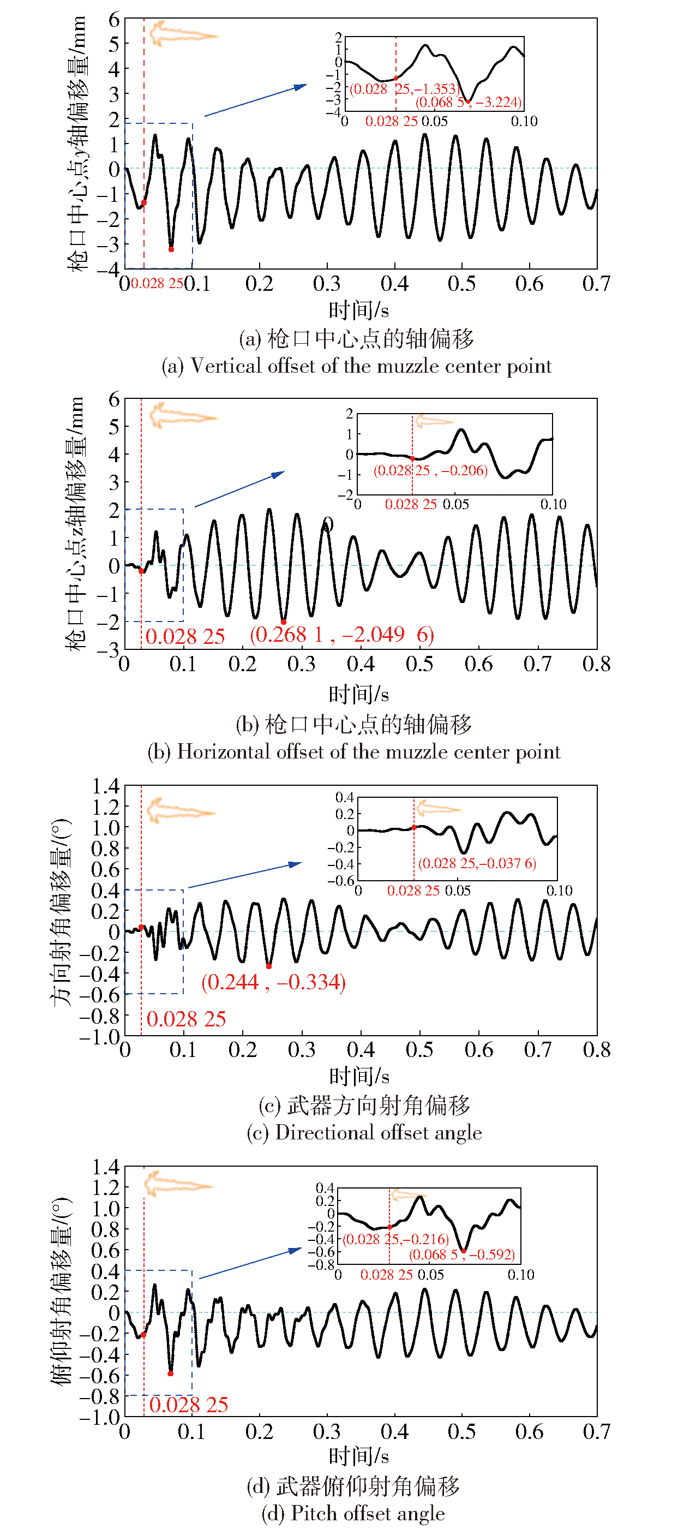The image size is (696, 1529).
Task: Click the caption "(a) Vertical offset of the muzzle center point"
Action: [356, 366]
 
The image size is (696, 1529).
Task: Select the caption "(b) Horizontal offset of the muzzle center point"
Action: [353, 752]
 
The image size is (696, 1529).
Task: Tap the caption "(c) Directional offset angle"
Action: [364, 1132]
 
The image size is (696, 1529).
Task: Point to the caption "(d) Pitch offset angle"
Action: [353, 1513]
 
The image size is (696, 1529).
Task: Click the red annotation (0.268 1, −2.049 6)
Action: [342, 635]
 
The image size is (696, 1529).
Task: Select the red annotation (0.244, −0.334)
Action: [273, 982]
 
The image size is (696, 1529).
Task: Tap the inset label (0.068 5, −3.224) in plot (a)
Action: [468, 102]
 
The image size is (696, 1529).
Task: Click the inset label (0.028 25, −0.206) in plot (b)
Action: [430, 471]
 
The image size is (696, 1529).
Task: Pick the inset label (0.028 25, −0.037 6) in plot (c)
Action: [477, 863]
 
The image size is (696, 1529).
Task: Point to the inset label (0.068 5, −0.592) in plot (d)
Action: [461, 1254]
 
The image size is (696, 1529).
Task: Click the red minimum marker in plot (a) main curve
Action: [171, 249]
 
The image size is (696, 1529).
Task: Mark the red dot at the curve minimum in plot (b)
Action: [284, 622]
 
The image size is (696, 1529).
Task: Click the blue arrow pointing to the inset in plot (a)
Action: [255, 100]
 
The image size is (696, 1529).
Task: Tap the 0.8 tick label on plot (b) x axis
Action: [596, 664]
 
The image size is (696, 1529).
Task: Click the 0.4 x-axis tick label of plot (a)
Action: [394, 284]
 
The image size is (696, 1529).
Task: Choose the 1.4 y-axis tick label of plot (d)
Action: [105, 1167]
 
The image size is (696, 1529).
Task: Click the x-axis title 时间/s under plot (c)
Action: [359, 1076]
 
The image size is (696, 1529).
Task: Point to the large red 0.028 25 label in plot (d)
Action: [189, 1405]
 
